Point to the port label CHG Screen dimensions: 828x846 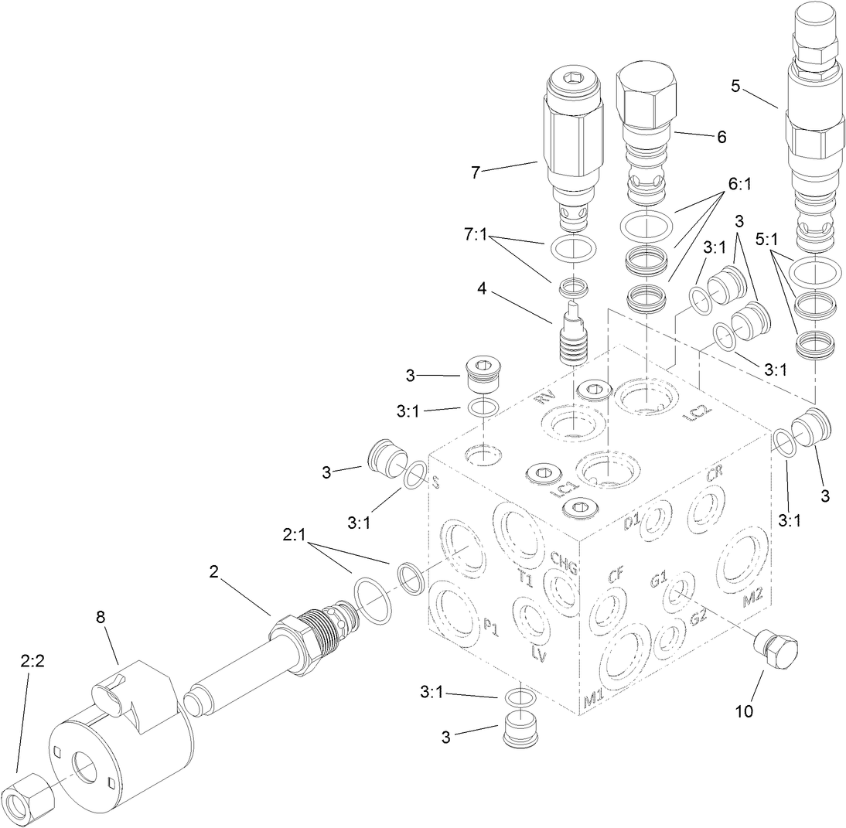tap(565, 560)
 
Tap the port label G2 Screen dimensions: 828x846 tap(700, 617)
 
